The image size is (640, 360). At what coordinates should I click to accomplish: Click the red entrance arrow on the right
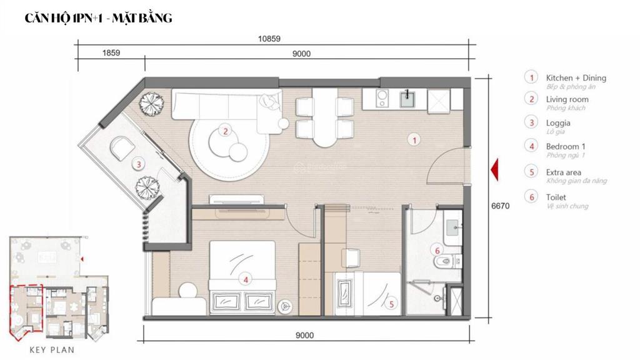494,170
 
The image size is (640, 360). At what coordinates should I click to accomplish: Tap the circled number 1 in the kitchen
412,140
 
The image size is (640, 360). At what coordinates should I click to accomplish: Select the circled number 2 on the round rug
224,131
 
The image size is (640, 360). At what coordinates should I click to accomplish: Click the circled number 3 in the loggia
139,165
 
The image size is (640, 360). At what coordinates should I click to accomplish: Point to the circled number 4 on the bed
246,280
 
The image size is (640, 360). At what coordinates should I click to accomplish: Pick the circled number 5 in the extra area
391,304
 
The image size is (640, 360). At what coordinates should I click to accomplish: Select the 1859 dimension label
111,54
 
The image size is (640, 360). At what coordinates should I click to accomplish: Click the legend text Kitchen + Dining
576,78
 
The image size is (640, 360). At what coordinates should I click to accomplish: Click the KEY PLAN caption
52,350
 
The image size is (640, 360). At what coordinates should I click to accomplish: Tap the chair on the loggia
121,147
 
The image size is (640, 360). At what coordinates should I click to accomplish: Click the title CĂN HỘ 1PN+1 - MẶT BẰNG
98,19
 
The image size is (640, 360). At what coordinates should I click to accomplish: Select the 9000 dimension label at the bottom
304,336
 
